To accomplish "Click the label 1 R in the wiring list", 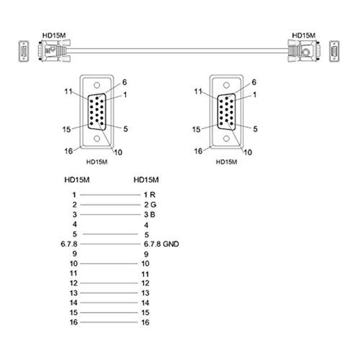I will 149,195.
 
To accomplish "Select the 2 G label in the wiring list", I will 149,205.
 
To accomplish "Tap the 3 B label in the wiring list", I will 149,214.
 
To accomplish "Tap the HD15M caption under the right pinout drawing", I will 226,162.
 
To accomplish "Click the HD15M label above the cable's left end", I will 53,35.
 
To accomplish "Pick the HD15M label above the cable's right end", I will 304,35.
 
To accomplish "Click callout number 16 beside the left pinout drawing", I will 68,151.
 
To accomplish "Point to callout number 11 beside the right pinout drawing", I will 198,92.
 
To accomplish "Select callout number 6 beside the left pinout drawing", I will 125,82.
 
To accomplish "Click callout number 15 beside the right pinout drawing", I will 196,130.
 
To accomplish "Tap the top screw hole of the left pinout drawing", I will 97,85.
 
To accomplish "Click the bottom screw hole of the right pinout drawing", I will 226,139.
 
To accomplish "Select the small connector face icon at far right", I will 334,50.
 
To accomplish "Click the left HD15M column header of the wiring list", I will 77,180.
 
